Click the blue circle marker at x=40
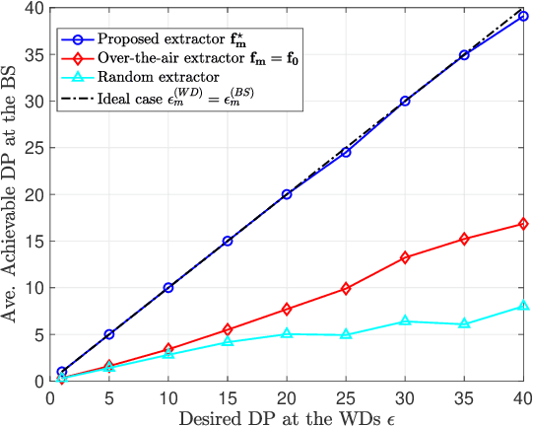pos(523,16)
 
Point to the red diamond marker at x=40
pos(523,224)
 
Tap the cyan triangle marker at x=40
pos(523,306)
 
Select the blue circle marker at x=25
pos(346,152)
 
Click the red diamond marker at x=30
pos(405,257)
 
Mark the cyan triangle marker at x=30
pos(405,321)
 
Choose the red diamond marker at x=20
pos(287,309)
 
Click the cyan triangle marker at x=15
pos(228,341)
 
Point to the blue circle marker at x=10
pos(168,287)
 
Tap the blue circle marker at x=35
pos(464,55)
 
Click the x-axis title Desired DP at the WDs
pos(286,415)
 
